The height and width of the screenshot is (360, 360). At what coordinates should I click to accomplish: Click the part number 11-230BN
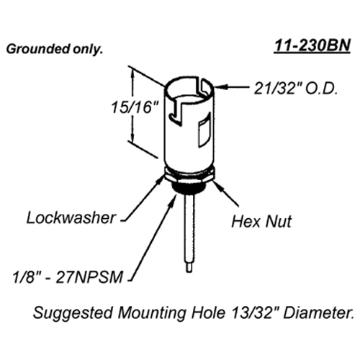tap(312, 45)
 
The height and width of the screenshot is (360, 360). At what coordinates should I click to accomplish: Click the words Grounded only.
tap(55, 50)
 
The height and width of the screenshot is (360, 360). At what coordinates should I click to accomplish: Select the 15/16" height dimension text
tap(135, 107)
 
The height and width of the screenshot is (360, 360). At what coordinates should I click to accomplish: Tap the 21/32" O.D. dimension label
tap(296, 89)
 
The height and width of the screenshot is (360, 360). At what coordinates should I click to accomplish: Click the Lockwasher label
tap(71, 218)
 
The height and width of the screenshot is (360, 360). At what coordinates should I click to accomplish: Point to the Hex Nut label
tap(261, 221)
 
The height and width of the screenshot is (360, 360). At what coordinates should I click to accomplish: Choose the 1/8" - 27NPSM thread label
tap(68, 277)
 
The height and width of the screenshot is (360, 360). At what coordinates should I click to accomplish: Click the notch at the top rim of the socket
tap(204, 87)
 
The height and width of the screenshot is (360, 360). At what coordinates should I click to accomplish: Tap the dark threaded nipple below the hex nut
tap(189, 187)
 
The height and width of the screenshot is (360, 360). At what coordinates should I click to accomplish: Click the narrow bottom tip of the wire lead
tap(189, 267)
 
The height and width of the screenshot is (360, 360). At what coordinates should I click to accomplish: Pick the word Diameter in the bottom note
tap(319, 312)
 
